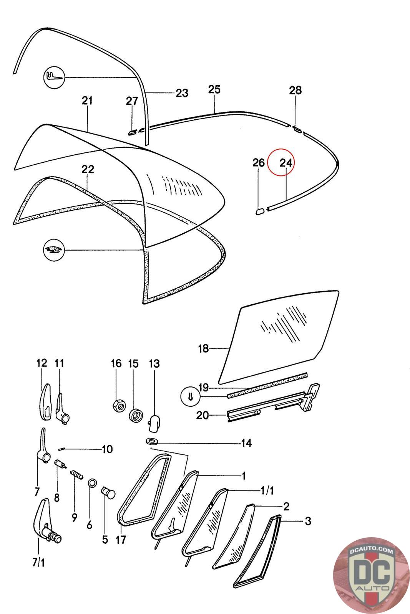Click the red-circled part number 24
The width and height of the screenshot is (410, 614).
pyautogui.click(x=286, y=163)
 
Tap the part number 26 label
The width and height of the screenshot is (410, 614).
pyautogui.click(x=259, y=163)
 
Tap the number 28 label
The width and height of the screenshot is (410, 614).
pyautogui.click(x=295, y=91)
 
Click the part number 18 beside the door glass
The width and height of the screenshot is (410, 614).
pyautogui.click(x=203, y=348)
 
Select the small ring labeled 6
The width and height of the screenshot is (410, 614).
pyautogui.click(x=92, y=483)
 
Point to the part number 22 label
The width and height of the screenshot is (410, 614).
pyautogui.click(x=88, y=169)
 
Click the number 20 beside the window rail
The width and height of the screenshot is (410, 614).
pyautogui.click(x=203, y=415)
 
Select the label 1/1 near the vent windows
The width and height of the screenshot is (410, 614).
pyautogui.click(x=265, y=490)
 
